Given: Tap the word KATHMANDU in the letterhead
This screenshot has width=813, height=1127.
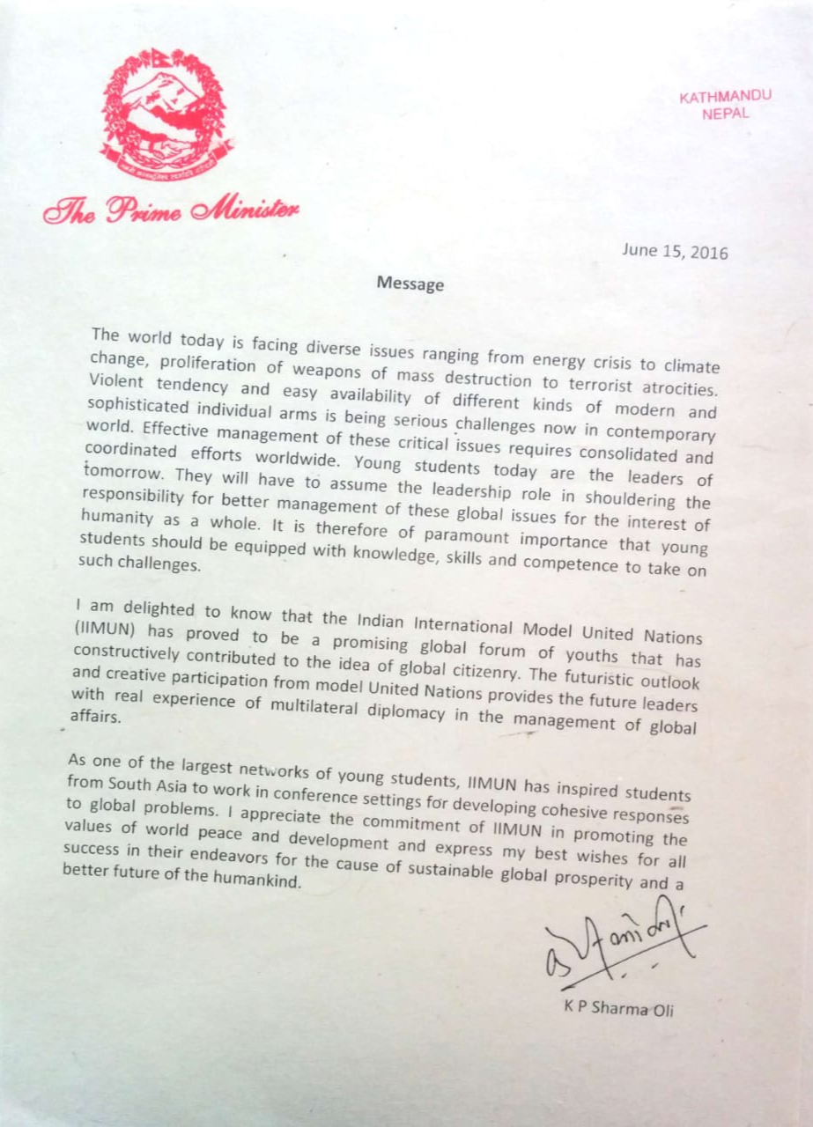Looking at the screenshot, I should click(725, 97).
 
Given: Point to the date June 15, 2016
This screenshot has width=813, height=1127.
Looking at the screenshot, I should click(675, 252).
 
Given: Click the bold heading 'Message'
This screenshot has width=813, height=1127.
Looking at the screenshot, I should click(410, 284).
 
